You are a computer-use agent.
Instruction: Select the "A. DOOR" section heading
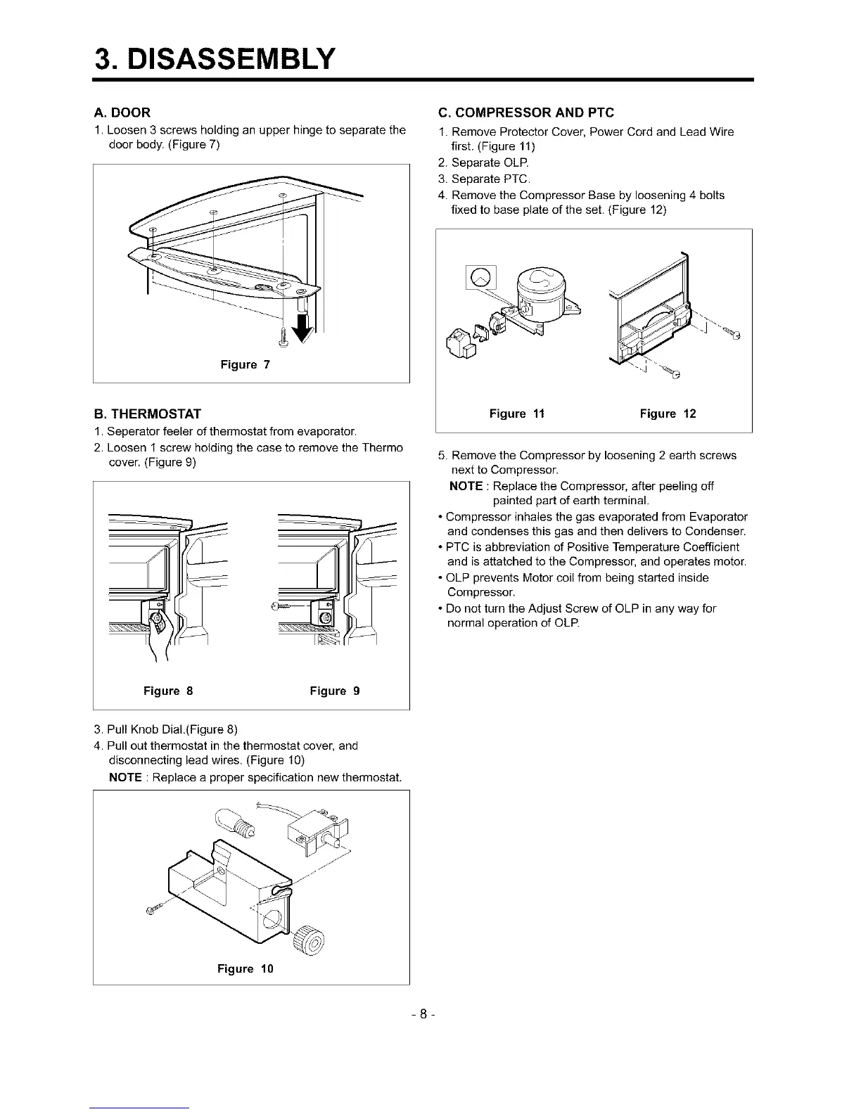(122, 113)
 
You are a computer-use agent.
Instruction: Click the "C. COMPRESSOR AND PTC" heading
(525, 113)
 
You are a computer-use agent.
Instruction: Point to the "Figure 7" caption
(245, 364)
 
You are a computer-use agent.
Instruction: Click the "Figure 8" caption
(168, 691)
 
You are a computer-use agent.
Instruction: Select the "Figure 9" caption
(335, 691)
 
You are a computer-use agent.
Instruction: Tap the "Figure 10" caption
(245, 968)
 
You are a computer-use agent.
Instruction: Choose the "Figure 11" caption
(517, 414)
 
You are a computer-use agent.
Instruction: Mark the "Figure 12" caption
(668, 414)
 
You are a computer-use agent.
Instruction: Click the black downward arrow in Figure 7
(305, 328)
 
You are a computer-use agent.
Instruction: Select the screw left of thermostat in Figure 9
(282, 606)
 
